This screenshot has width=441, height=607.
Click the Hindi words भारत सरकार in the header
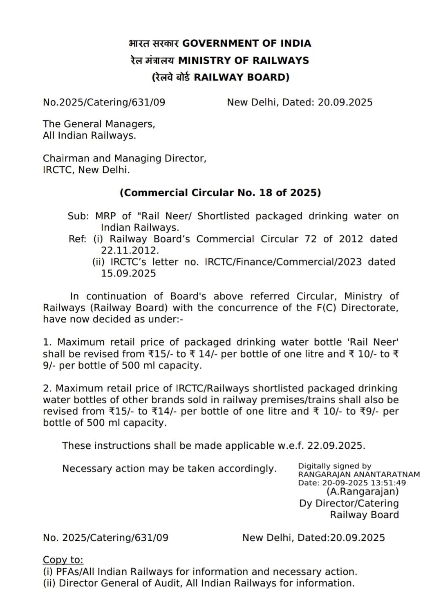(154, 43)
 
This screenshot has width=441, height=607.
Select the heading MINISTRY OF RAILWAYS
(244, 61)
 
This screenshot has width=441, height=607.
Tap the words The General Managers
(99, 124)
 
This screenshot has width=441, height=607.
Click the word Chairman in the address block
(66, 158)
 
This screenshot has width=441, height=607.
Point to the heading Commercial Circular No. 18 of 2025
(220, 193)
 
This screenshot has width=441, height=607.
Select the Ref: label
(78, 239)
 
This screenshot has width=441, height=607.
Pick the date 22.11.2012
(130, 250)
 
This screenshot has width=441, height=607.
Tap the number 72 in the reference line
(311, 239)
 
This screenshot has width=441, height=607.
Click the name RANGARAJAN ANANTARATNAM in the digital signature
(359, 474)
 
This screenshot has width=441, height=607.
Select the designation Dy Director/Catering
(349, 504)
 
